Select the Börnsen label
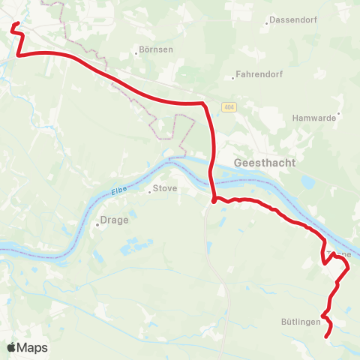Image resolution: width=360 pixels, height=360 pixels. [x=156, y=52]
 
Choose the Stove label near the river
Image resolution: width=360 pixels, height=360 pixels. [x=165, y=188]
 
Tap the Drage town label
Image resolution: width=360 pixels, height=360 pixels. [x=115, y=220]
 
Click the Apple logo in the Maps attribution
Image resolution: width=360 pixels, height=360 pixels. [x=12, y=347]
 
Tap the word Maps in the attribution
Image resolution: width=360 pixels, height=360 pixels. [x=33, y=347]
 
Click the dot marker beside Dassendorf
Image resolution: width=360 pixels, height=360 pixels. [x=268, y=22]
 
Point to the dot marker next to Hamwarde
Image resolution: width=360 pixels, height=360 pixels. [x=339, y=115]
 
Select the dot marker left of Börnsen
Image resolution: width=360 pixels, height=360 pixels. [x=137, y=52]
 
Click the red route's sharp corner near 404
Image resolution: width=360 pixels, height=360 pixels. [x=203, y=104]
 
